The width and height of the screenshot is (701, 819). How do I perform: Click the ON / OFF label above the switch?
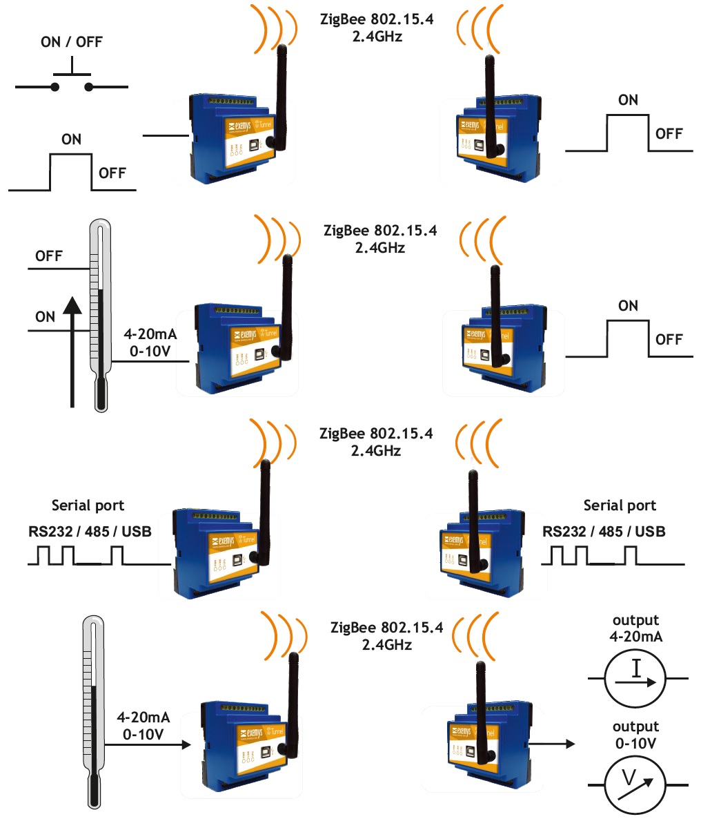point(71,42)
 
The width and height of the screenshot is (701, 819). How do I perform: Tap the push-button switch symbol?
point(72,80)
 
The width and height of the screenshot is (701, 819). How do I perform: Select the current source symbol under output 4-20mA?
point(635,679)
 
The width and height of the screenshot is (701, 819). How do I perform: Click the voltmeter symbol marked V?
point(635,785)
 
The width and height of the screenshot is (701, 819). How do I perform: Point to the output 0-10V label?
point(635,735)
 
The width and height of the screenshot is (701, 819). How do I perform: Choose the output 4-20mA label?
point(635,628)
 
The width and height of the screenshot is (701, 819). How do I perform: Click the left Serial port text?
point(88,505)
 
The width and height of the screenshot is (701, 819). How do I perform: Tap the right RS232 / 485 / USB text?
point(604,531)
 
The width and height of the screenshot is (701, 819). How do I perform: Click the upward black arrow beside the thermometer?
point(72,352)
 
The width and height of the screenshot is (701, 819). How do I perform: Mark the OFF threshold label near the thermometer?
point(49,256)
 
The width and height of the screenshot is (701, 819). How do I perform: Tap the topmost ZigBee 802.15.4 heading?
point(377,19)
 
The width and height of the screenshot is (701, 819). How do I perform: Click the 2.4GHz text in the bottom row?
point(386,645)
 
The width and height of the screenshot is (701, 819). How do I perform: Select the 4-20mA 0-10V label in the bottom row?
point(143,726)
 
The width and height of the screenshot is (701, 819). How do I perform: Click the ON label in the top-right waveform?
point(628,100)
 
